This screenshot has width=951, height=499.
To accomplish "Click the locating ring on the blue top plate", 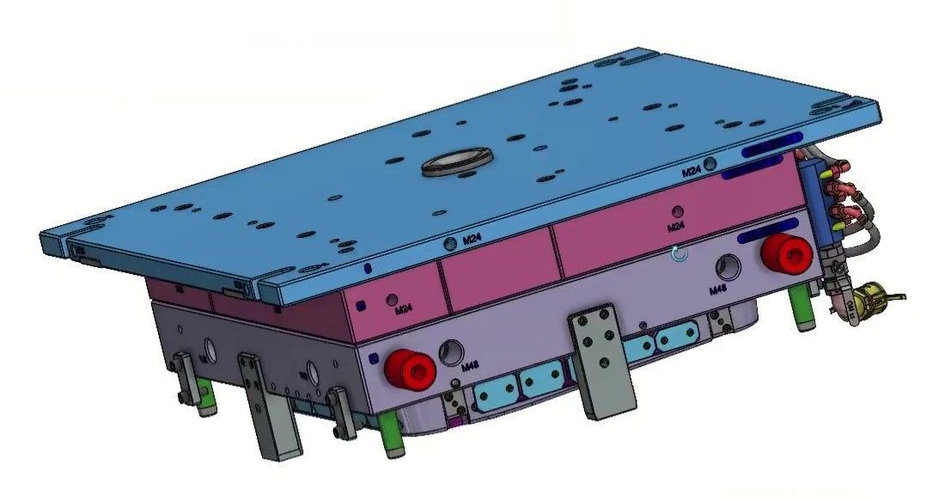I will pos(457,161).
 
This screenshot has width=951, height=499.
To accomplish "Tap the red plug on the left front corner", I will pos(411,368).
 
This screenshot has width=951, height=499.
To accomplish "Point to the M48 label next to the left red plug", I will pos(470,367).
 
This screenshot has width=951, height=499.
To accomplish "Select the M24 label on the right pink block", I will pos(675,226).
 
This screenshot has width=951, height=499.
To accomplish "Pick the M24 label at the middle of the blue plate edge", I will pos(470,241).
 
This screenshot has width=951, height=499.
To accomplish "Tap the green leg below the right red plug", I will pos(801,307).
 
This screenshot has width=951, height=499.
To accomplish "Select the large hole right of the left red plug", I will pos(450,351).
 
